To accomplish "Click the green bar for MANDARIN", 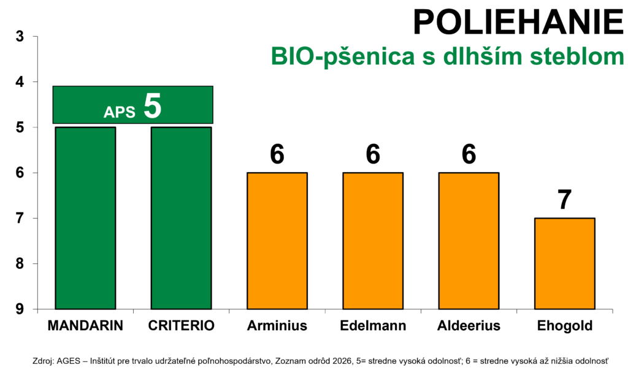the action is [x=85, y=218].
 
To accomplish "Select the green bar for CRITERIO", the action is [x=181, y=218].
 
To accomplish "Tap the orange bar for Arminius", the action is [x=277, y=241].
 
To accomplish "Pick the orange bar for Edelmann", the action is [x=373, y=241].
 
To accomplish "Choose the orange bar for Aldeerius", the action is [x=469, y=241].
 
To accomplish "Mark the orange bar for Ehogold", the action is [x=565, y=264].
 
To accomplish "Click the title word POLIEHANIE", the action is [x=518, y=23].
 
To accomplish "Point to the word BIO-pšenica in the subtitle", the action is [x=343, y=56].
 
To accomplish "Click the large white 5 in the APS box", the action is [x=153, y=105].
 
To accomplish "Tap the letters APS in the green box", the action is [x=120, y=113].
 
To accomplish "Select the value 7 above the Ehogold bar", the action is [x=565, y=200].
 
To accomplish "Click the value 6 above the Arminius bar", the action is [x=277, y=154].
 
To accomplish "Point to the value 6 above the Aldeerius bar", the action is [x=469, y=154].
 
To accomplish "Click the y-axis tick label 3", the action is [x=20, y=36].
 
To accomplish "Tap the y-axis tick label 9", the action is [x=20, y=309].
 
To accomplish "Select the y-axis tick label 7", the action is [x=20, y=219].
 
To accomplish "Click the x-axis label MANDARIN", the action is [x=85, y=326].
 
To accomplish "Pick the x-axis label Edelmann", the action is [x=373, y=326].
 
